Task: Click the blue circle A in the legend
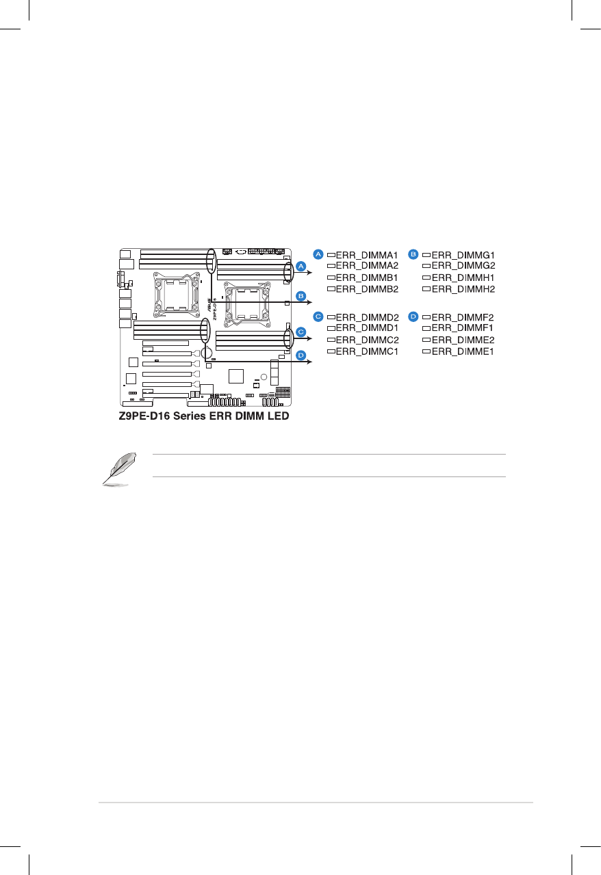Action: point(318,254)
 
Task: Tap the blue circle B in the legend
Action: point(413,254)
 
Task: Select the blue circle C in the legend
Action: point(318,317)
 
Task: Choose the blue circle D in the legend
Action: point(413,317)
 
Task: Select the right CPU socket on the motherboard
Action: point(248,304)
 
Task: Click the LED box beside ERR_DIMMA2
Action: point(331,265)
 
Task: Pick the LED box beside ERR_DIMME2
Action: point(426,340)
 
